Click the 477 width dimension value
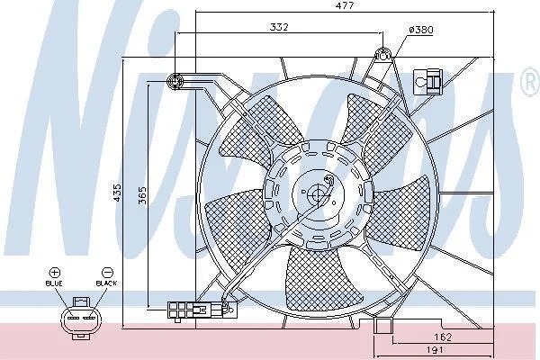[x=345, y=5]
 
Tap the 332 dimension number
[x=279, y=27]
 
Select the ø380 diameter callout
[x=421, y=30]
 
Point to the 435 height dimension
[x=117, y=193]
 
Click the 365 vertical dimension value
[x=142, y=195]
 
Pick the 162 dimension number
[x=443, y=337]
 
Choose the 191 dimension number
[x=435, y=350]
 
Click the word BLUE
[x=54, y=283]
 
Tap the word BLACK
[x=106, y=283]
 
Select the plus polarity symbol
[x=55, y=273]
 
